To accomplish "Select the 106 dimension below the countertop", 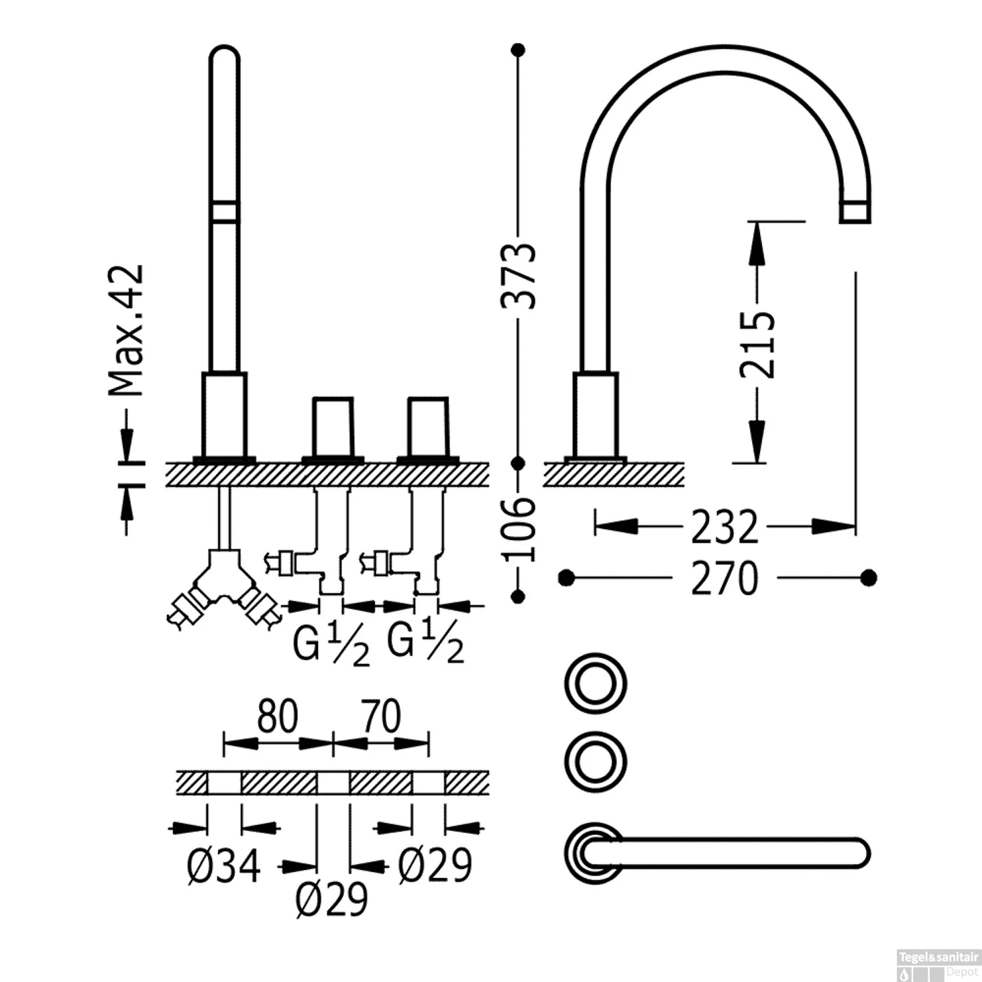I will point(520,529).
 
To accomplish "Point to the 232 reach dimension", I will point(725,526).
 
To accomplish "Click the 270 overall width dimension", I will point(724,578).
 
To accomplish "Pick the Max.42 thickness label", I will point(126,331).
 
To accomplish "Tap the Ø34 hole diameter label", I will point(225,865).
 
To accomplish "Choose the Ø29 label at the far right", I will point(435,865).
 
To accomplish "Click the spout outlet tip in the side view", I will point(855,213).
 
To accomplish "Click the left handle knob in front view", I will point(333,426).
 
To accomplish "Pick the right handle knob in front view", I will point(428,426).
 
